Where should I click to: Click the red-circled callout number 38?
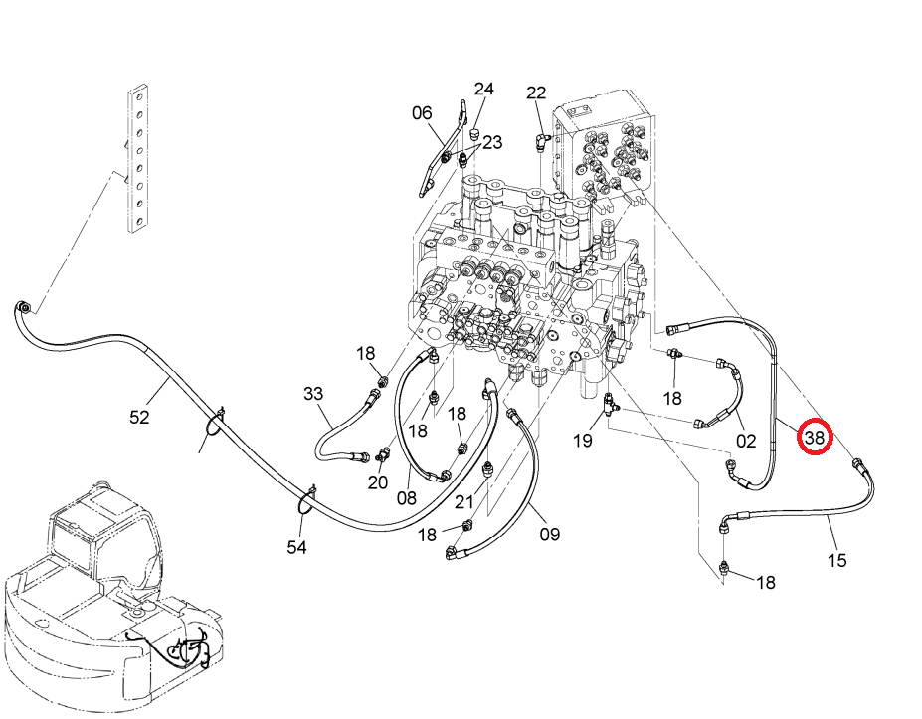click(x=815, y=437)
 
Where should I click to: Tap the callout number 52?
click(x=139, y=417)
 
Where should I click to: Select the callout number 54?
click(x=297, y=547)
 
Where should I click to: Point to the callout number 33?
click(x=313, y=393)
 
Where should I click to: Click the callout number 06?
click(x=422, y=113)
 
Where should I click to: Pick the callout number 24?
click(x=484, y=89)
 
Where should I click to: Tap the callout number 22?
click(x=536, y=92)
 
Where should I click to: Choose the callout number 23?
click(x=492, y=142)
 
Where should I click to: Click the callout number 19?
click(x=582, y=441)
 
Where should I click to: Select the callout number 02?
click(x=746, y=441)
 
